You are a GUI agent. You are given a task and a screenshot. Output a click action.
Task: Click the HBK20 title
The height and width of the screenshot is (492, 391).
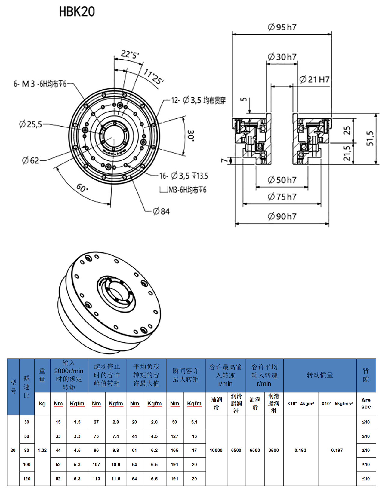[77, 12]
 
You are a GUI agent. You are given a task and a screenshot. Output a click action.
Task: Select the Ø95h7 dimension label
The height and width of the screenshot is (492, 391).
[282, 27]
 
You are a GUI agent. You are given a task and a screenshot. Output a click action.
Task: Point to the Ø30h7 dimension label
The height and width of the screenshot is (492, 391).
[282, 57]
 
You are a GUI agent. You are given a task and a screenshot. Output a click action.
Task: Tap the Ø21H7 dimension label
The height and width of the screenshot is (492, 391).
[314, 79]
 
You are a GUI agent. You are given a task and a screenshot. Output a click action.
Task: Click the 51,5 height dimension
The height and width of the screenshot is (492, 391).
[370, 138]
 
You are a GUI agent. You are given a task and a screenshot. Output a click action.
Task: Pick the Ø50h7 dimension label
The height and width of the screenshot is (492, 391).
[282, 180]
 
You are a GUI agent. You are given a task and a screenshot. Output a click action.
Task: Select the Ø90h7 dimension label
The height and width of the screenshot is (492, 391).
[282, 216]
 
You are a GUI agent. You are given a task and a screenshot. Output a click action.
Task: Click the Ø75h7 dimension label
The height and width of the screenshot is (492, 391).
[282, 197]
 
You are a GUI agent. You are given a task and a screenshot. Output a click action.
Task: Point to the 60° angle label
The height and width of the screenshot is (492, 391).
[82, 188]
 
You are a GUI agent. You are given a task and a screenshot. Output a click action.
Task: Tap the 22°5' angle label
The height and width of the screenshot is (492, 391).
[130, 54]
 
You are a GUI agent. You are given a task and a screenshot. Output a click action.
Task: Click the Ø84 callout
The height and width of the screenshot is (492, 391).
[161, 212]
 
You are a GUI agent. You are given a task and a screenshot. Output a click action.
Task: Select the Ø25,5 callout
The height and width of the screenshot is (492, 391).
[30, 124]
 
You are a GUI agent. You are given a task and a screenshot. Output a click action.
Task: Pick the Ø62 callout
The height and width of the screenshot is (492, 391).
[31, 160]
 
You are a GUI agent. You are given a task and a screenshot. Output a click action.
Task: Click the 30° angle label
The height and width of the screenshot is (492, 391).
[191, 136]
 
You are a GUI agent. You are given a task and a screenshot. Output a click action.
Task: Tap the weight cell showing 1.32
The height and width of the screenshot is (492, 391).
[42, 450]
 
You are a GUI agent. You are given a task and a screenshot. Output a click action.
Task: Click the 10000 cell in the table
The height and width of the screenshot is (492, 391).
[216, 450]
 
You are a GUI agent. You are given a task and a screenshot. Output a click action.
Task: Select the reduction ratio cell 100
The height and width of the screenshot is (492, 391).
[27, 464]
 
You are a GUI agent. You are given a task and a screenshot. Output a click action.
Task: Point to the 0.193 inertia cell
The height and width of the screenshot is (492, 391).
[300, 450]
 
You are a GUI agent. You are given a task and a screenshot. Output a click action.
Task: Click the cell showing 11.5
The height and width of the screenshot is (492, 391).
[116, 478]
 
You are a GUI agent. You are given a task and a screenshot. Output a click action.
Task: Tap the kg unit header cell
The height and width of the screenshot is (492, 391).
[42, 403]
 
